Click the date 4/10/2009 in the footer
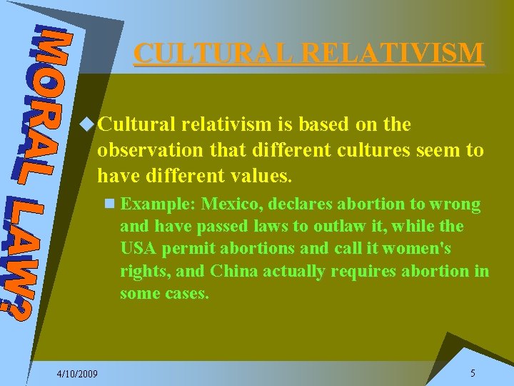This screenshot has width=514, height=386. click(x=78, y=374)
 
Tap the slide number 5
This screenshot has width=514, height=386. click(x=473, y=373)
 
